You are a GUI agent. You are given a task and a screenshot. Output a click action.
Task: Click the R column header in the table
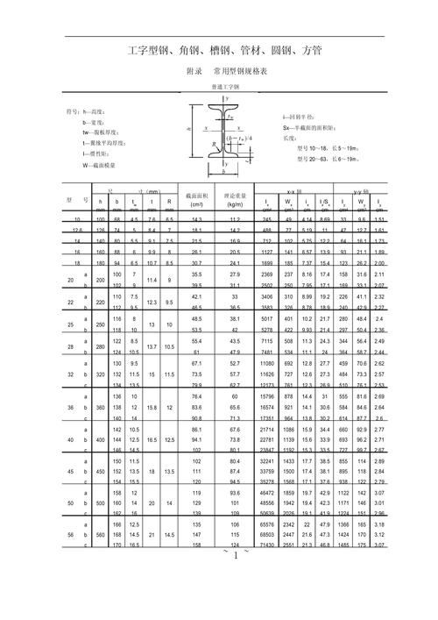point(169,202)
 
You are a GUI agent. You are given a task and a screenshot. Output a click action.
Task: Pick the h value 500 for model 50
point(101,506)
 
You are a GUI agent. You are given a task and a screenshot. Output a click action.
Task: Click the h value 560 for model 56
point(101,534)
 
